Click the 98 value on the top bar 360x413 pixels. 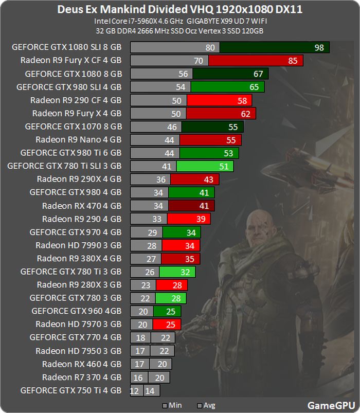click(319, 47)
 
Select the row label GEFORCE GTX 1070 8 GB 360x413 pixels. click(73, 127)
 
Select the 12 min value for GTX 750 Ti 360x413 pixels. click(136, 391)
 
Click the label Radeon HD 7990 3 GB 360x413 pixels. click(79, 246)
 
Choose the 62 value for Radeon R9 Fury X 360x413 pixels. click(245, 113)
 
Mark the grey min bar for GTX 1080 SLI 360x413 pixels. click(175, 47)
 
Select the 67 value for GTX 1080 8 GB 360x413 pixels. click(258, 74)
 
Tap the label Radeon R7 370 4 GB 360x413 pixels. click(82, 378)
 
